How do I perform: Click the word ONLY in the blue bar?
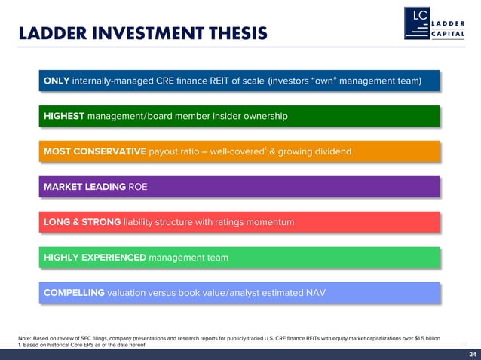pyautogui.click(x=57, y=81)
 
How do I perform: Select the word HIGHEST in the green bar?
pyautogui.click(x=64, y=116)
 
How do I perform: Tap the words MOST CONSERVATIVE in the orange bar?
pyautogui.click(x=95, y=151)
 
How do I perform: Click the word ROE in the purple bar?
pyautogui.click(x=138, y=187)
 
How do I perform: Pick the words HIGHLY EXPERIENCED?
pyautogui.click(x=95, y=258)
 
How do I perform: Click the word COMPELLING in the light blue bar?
pyautogui.click(x=74, y=293)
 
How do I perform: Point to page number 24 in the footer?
pyautogui.click(x=472, y=354)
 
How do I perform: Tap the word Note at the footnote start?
pyautogui.click(x=25, y=338)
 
